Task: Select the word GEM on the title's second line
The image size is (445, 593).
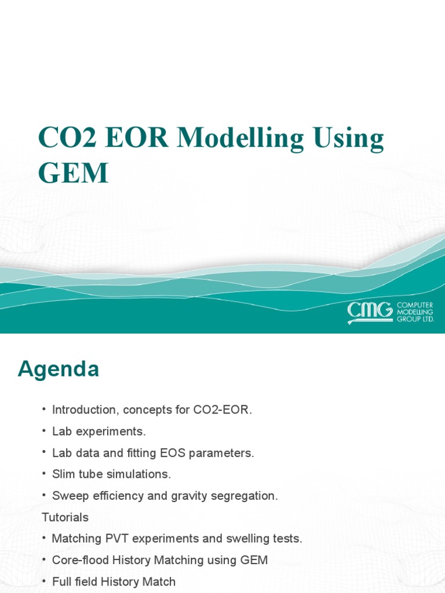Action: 74,173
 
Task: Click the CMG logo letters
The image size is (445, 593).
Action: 370,312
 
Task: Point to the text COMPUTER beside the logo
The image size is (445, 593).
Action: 415,305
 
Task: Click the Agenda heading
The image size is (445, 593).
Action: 59,369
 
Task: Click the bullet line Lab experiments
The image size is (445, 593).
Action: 99,431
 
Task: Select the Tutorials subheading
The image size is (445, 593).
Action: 65,517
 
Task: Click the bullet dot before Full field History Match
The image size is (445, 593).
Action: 44,581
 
